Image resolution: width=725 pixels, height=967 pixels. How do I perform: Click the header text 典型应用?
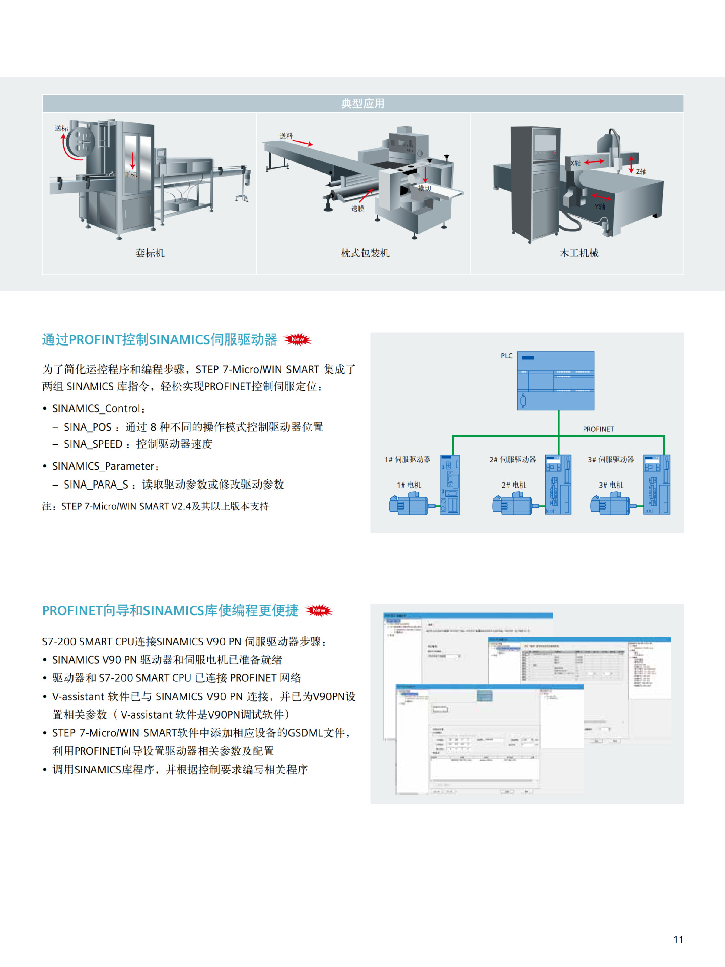click(362, 104)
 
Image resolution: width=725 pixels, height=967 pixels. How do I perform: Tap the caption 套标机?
click(150, 253)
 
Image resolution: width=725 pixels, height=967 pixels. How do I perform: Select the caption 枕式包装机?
click(365, 253)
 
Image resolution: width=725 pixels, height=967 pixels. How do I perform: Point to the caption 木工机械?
click(579, 253)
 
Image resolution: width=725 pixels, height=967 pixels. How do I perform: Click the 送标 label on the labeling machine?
click(61, 128)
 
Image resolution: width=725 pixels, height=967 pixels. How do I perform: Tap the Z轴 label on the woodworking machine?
click(641, 172)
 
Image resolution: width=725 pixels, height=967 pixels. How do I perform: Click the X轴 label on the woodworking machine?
click(576, 163)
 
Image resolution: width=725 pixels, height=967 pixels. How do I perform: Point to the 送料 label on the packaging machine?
click(286, 136)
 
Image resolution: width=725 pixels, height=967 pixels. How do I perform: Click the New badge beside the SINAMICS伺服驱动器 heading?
click(298, 339)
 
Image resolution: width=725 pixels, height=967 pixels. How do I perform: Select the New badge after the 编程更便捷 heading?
click(319, 610)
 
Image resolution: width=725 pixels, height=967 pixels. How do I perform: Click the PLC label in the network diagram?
click(506, 356)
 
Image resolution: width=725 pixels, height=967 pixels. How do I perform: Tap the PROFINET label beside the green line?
click(598, 429)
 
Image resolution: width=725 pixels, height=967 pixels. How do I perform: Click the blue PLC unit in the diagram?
click(556, 381)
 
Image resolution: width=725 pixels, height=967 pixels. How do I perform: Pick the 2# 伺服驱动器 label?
click(513, 460)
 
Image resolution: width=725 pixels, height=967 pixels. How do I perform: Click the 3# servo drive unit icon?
click(657, 485)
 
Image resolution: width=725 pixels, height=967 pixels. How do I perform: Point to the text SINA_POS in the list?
click(88, 427)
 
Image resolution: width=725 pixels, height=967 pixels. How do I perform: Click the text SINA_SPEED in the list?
click(93, 444)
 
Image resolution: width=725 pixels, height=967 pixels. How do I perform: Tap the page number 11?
click(678, 940)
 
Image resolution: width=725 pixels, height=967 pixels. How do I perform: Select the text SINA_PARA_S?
click(96, 485)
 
